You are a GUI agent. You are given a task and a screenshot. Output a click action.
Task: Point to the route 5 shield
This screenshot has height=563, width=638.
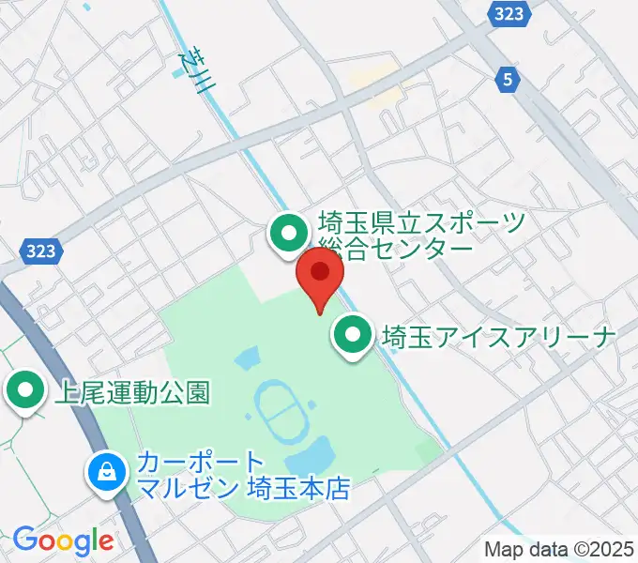click(x=508, y=81)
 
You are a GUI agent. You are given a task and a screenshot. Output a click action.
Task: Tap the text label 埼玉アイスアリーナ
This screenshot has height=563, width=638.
click(x=498, y=335)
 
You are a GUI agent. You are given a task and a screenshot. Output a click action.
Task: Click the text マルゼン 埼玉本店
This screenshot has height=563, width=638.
click(x=243, y=489)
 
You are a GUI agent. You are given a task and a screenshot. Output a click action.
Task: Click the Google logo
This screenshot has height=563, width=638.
click(x=63, y=540)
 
